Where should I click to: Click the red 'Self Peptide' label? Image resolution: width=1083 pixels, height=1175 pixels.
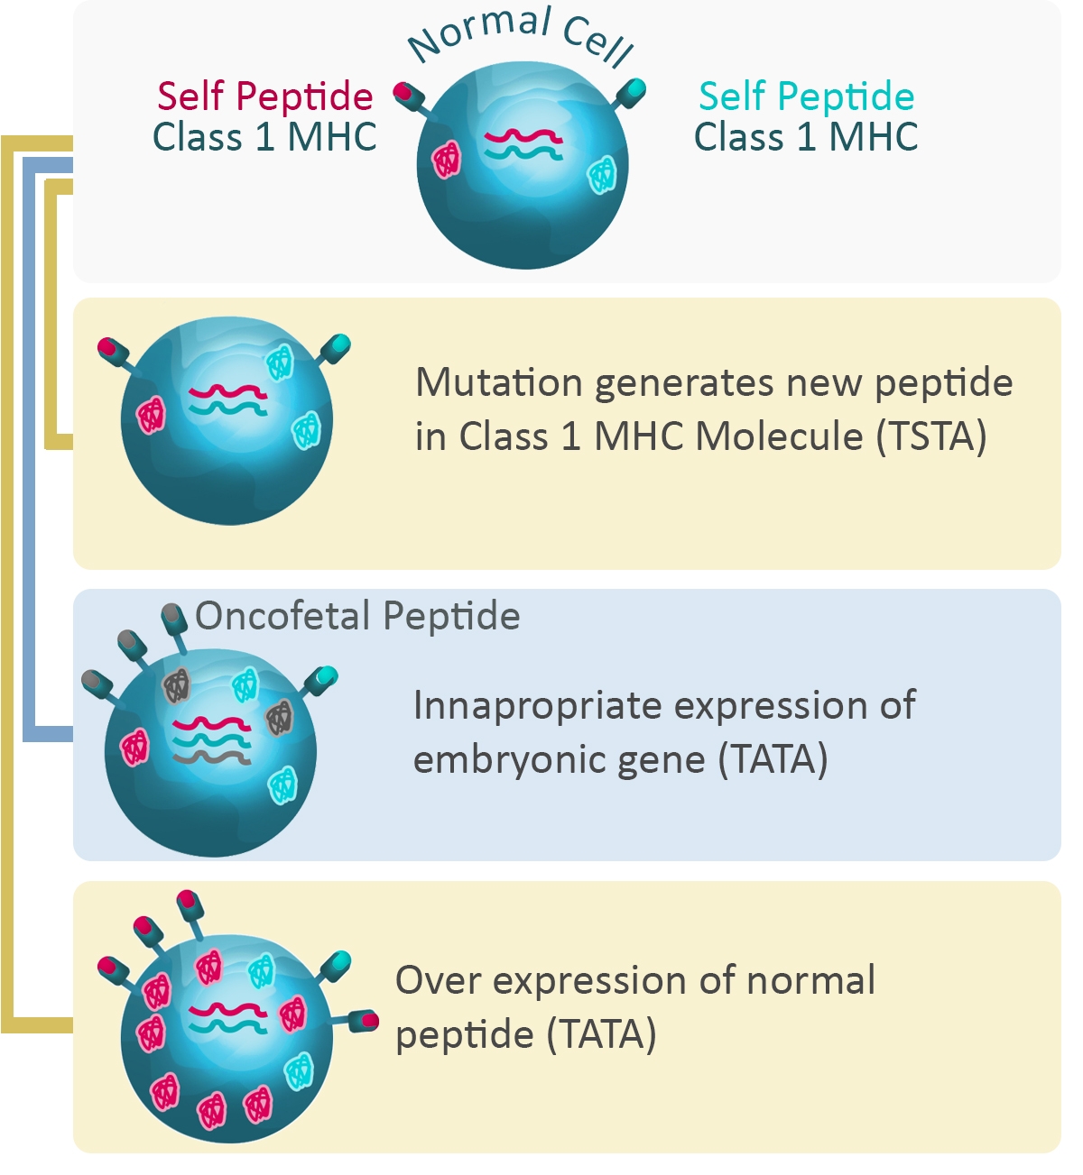click(x=265, y=96)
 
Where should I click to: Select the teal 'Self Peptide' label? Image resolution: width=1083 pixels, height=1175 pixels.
click(x=806, y=96)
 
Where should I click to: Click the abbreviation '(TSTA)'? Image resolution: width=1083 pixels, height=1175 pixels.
click(x=931, y=436)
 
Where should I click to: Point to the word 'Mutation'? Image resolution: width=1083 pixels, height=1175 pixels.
click(x=499, y=382)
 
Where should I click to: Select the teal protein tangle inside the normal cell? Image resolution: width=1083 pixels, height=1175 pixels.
click(x=602, y=175)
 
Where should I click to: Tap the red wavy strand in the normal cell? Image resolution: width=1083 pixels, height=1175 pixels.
click(x=523, y=137)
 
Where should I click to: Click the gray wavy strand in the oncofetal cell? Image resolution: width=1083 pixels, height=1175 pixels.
click(x=212, y=757)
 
